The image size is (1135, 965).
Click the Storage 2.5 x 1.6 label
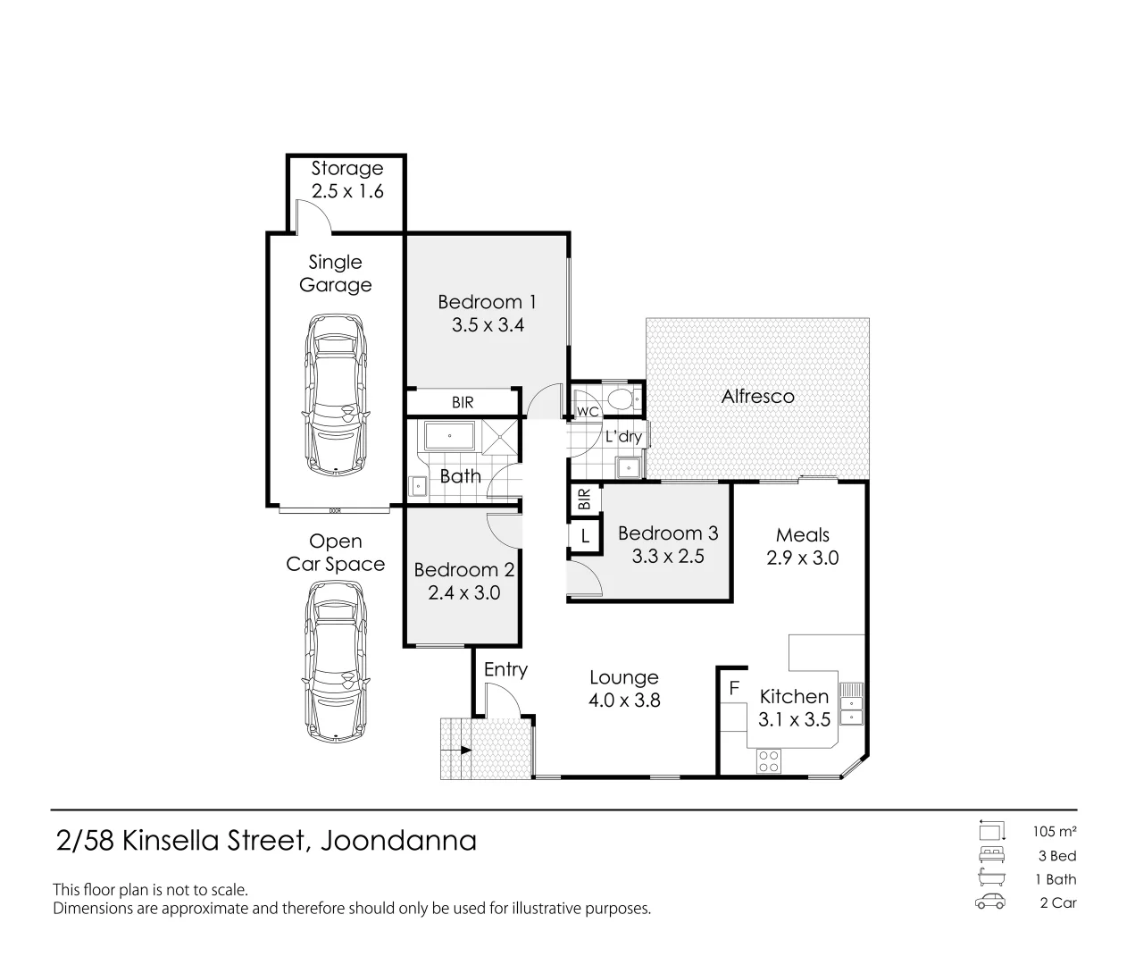(346, 180)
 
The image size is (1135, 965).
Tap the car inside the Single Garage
(336, 394)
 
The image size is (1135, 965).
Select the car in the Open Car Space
(336, 662)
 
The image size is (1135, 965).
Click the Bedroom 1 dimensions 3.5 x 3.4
(488, 325)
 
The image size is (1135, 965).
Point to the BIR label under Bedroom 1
(463, 403)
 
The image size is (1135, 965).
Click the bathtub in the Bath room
(449, 437)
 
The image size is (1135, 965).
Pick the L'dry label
(623, 437)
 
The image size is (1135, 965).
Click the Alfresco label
(757, 397)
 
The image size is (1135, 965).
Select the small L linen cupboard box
(584, 537)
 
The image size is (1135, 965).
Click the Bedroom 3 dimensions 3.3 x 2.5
(668, 557)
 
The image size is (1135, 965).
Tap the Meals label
(802, 535)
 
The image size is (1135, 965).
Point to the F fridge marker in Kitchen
(735, 689)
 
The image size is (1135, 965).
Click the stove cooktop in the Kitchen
(768, 761)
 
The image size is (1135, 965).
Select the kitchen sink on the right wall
(853, 703)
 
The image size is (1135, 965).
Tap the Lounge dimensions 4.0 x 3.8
(624, 701)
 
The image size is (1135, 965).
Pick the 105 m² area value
(1055, 832)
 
